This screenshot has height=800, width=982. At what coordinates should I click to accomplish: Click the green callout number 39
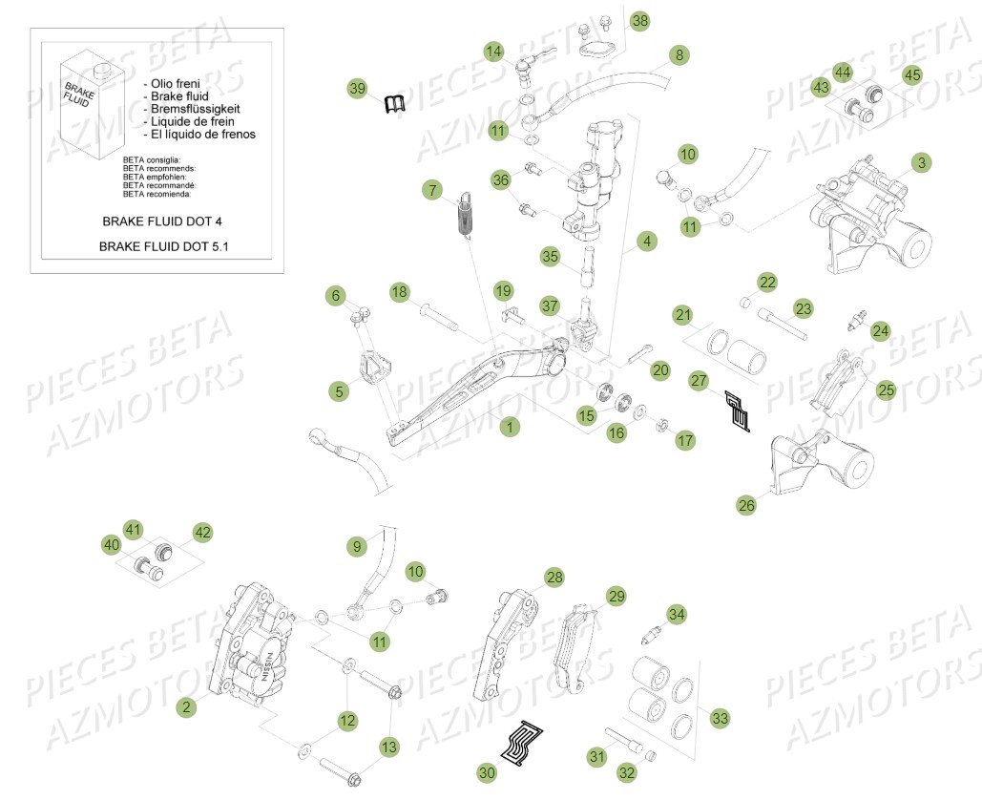click(x=357, y=89)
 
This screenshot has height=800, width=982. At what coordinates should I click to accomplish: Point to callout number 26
click(x=746, y=505)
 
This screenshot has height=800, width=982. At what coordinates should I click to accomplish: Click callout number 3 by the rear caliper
click(x=920, y=163)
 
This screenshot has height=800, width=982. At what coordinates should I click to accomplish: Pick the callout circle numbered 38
click(x=639, y=20)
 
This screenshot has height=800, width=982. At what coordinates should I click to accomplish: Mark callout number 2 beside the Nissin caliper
click(x=186, y=707)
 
